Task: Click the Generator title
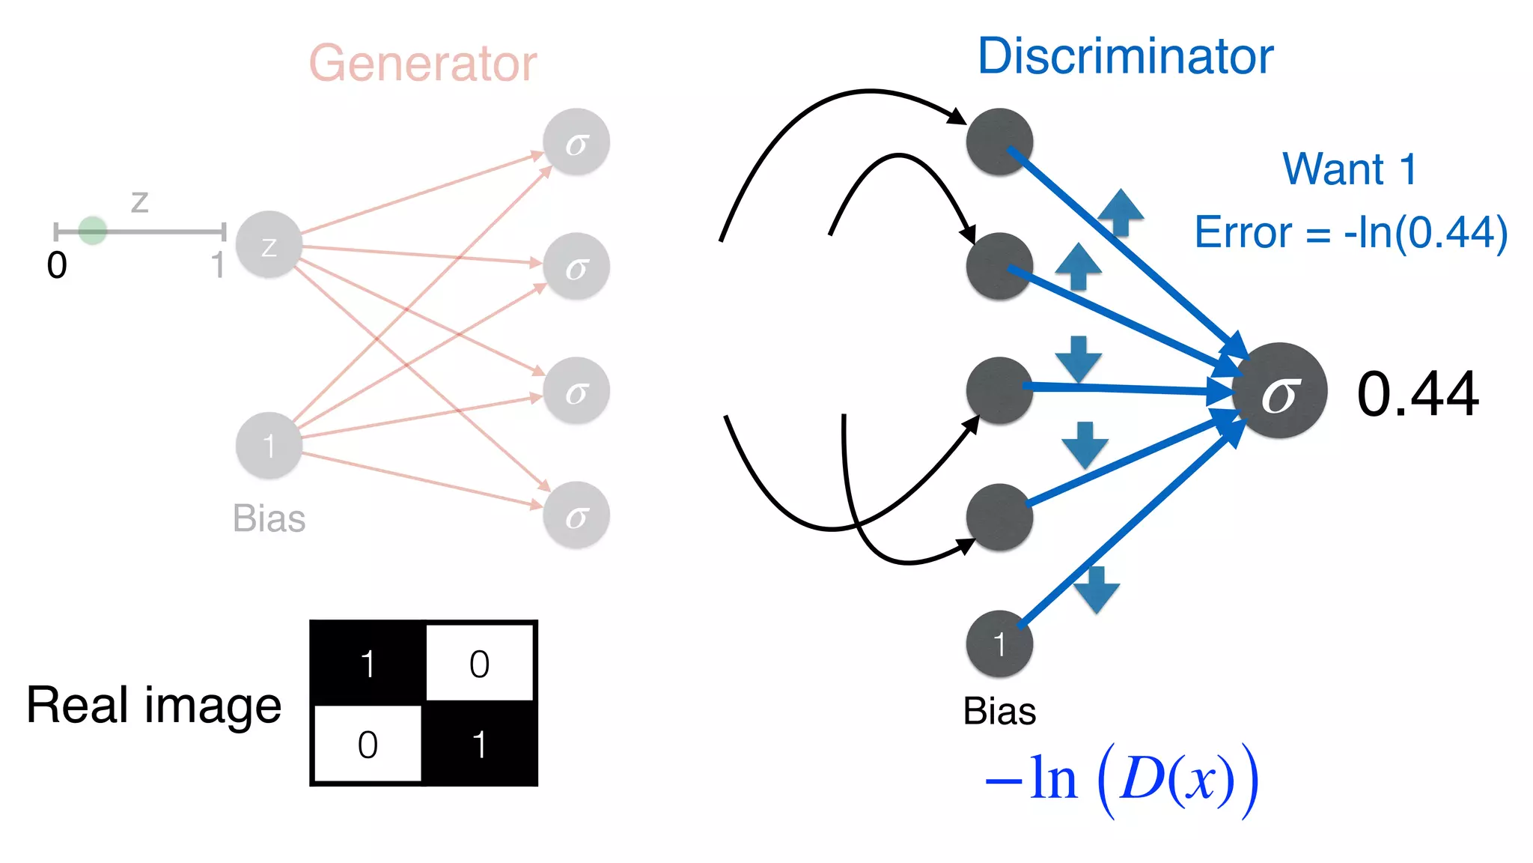423,63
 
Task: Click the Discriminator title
1125,56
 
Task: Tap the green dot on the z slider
93,231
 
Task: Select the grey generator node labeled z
269,245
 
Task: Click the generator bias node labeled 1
269,446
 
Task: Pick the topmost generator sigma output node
576,142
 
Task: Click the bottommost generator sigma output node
576,515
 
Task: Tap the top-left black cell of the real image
368,663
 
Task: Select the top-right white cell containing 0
479,663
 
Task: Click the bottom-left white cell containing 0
368,744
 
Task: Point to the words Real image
153,706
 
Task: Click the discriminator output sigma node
1279,391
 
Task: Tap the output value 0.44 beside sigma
1417,394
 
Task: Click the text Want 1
1350,169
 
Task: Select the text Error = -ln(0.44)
1350,232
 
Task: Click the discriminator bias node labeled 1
999,644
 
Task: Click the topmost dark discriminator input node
999,142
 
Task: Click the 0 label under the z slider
57,265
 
